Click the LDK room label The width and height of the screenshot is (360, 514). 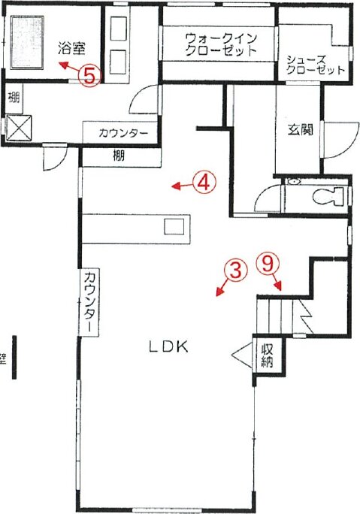(168, 346)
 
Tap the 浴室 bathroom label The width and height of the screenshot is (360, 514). (72, 49)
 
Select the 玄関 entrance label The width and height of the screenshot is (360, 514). (300, 129)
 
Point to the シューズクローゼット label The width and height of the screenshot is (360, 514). (315, 65)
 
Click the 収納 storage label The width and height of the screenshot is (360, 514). (267, 355)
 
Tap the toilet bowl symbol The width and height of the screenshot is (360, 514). (328, 197)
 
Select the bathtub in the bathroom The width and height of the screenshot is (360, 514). (28, 42)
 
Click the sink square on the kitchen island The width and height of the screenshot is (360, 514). (174, 226)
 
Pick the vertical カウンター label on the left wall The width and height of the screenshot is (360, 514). (90, 302)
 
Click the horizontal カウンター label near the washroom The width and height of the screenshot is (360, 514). (123, 133)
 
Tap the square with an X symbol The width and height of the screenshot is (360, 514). (19, 127)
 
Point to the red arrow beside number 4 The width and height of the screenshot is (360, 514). (182, 186)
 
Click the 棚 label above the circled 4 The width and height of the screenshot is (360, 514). (119, 155)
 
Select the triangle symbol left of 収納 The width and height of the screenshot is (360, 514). (243, 355)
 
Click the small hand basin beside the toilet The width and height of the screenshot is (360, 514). (294, 182)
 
